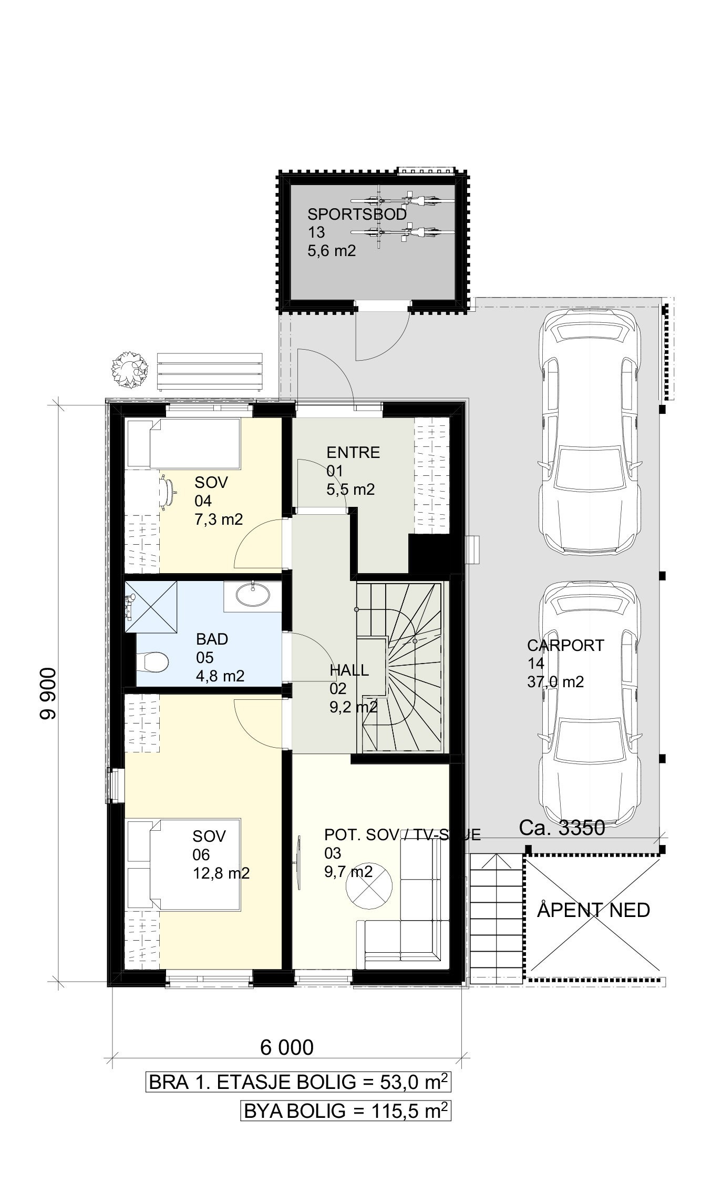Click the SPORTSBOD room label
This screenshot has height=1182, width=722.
(x=357, y=214)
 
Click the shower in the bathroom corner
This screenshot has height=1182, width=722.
(x=150, y=607)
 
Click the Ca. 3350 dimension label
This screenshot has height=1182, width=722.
(x=562, y=828)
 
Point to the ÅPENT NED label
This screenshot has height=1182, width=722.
(x=593, y=910)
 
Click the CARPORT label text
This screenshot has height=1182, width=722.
(x=565, y=645)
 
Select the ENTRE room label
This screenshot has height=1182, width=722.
(x=353, y=452)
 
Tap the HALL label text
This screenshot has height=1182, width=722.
(x=349, y=670)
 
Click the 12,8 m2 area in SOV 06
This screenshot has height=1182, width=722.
(x=221, y=873)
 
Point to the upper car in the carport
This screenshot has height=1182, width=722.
(x=591, y=433)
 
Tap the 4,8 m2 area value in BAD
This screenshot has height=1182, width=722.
(x=220, y=676)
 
